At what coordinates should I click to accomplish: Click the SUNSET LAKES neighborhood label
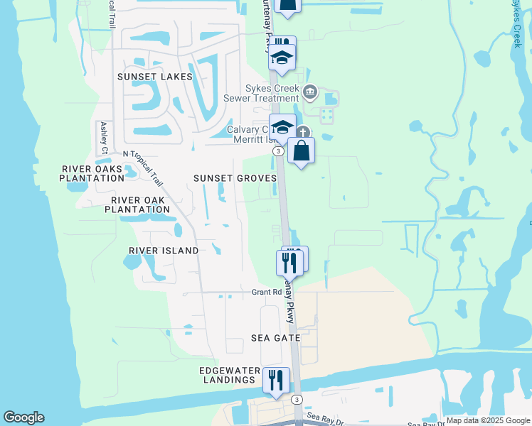point(155,77)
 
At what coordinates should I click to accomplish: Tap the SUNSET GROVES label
point(235,178)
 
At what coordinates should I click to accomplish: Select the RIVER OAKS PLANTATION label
point(93,173)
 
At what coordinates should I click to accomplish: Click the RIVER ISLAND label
point(164,251)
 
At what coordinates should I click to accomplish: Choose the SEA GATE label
point(276,339)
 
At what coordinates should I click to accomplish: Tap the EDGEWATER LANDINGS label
point(227,375)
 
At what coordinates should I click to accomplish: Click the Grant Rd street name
point(267,292)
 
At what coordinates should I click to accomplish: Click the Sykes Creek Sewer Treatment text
point(262,93)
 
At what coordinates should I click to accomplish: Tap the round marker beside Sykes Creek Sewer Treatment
point(310,92)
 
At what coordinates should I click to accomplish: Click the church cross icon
point(304,132)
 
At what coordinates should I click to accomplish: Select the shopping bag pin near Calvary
point(302,151)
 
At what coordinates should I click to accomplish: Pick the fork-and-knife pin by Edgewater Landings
point(276,380)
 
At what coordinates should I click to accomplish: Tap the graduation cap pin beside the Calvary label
point(282,128)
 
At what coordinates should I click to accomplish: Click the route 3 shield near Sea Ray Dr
point(297,400)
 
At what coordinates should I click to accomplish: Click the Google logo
point(23,417)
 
